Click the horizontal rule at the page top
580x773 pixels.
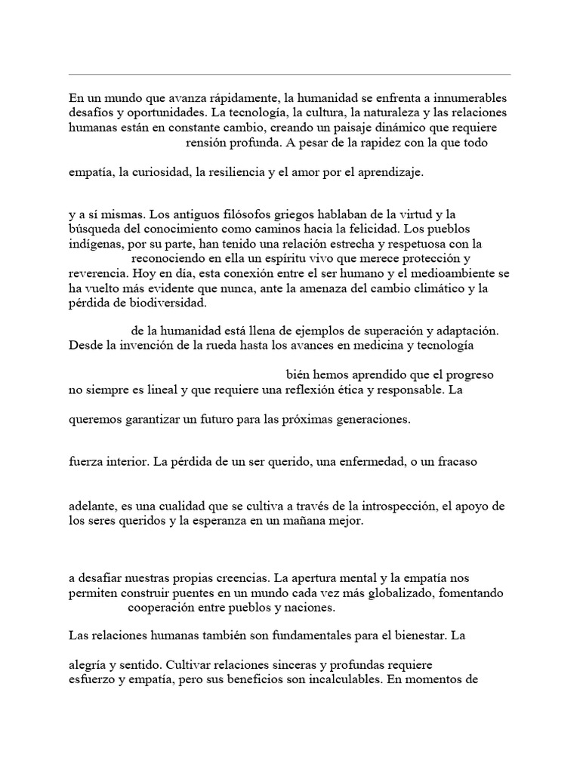(x=290, y=75)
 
